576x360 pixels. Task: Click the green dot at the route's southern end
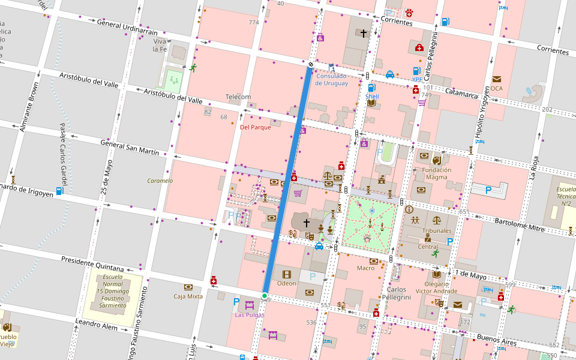(x=264, y=295)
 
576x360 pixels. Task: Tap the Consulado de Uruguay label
(x=332, y=79)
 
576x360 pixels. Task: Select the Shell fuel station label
(x=372, y=96)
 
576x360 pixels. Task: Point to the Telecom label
(x=238, y=97)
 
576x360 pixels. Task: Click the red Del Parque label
(x=255, y=127)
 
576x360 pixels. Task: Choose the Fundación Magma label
(x=436, y=173)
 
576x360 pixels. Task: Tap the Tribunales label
(x=436, y=230)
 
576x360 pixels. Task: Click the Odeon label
(x=286, y=283)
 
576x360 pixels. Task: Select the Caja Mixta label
(x=188, y=296)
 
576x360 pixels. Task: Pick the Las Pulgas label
(x=249, y=314)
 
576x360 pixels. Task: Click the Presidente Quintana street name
(x=92, y=263)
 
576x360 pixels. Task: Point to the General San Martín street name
(x=130, y=148)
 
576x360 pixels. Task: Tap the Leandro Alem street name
(x=96, y=326)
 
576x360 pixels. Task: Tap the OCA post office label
(x=496, y=88)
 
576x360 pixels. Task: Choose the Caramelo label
(x=160, y=181)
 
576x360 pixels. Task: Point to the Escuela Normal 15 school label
(x=112, y=293)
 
